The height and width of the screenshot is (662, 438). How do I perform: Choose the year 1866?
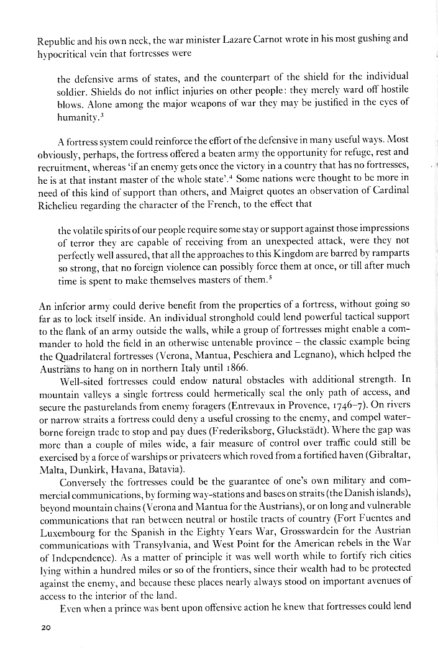[225, 366]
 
